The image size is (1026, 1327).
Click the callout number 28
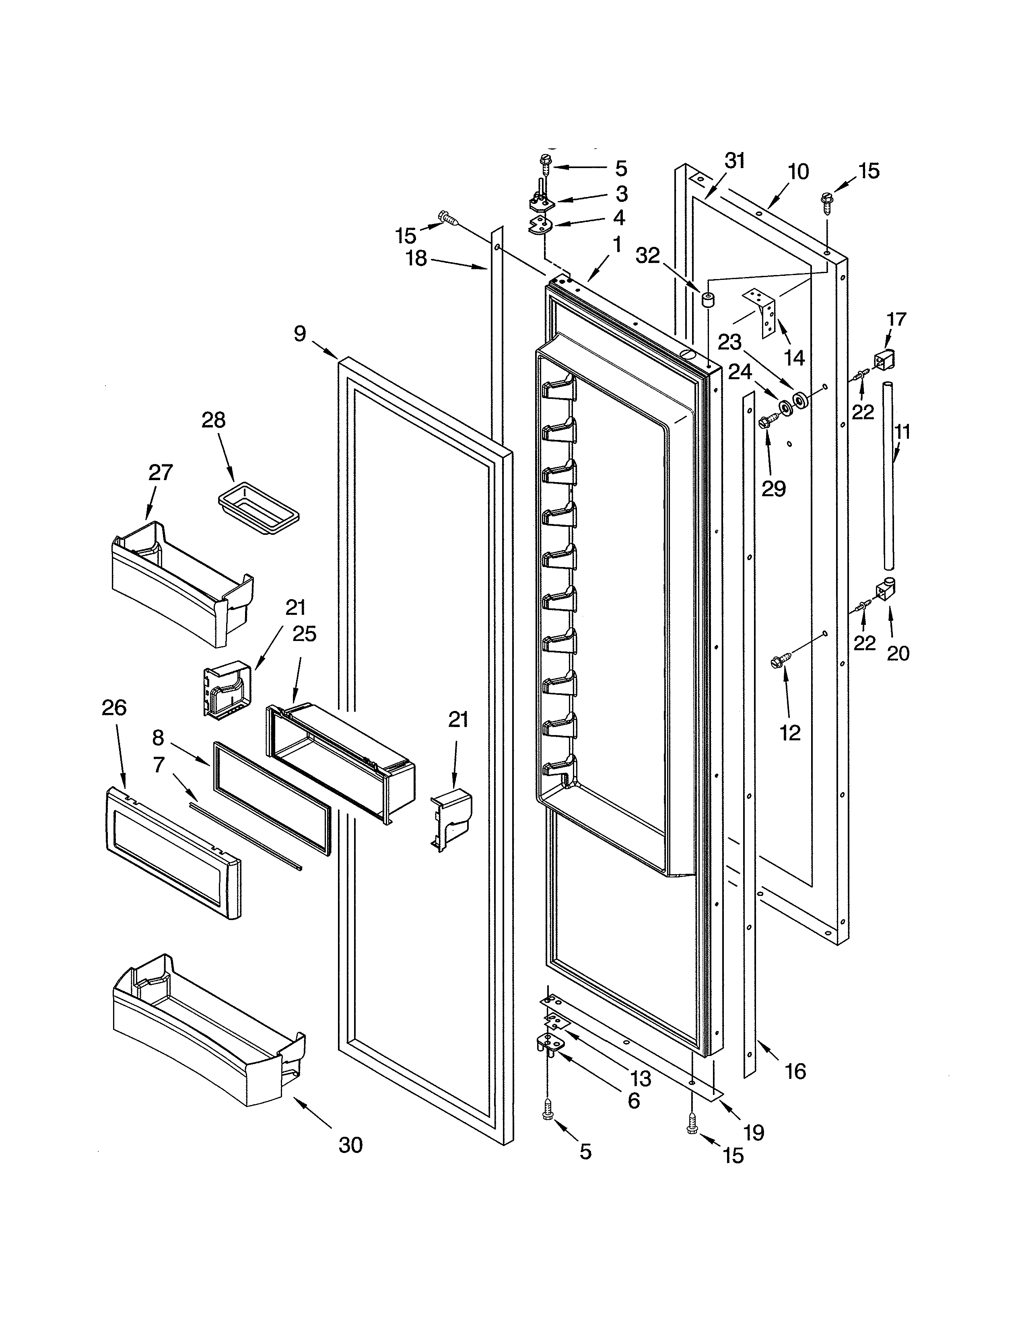[213, 420]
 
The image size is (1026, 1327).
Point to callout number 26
[114, 707]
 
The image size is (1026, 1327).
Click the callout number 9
[300, 334]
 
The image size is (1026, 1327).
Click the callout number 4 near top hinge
[619, 218]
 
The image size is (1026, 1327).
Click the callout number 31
[735, 161]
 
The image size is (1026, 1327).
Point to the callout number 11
[902, 433]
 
